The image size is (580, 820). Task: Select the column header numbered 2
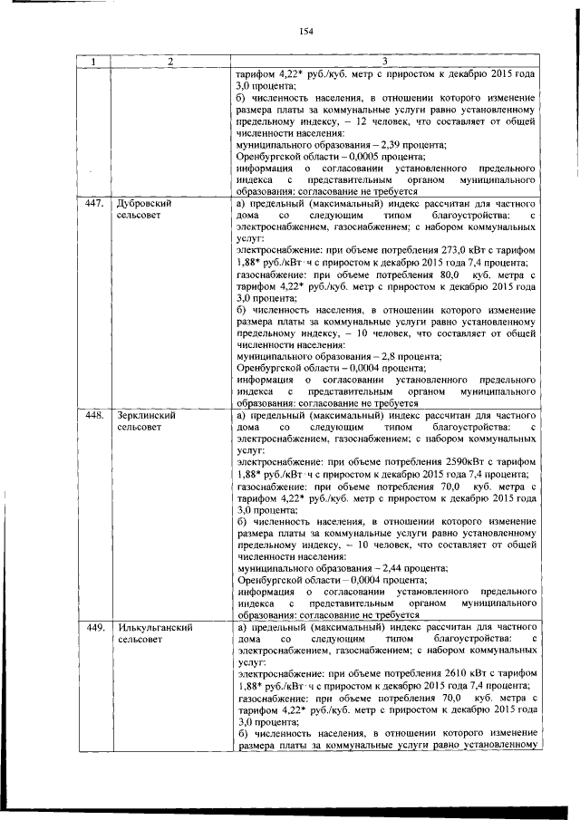(169, 62)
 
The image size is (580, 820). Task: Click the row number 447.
(92, 204)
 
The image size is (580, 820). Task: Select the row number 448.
(92, 415)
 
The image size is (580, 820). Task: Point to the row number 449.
(92, 627)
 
